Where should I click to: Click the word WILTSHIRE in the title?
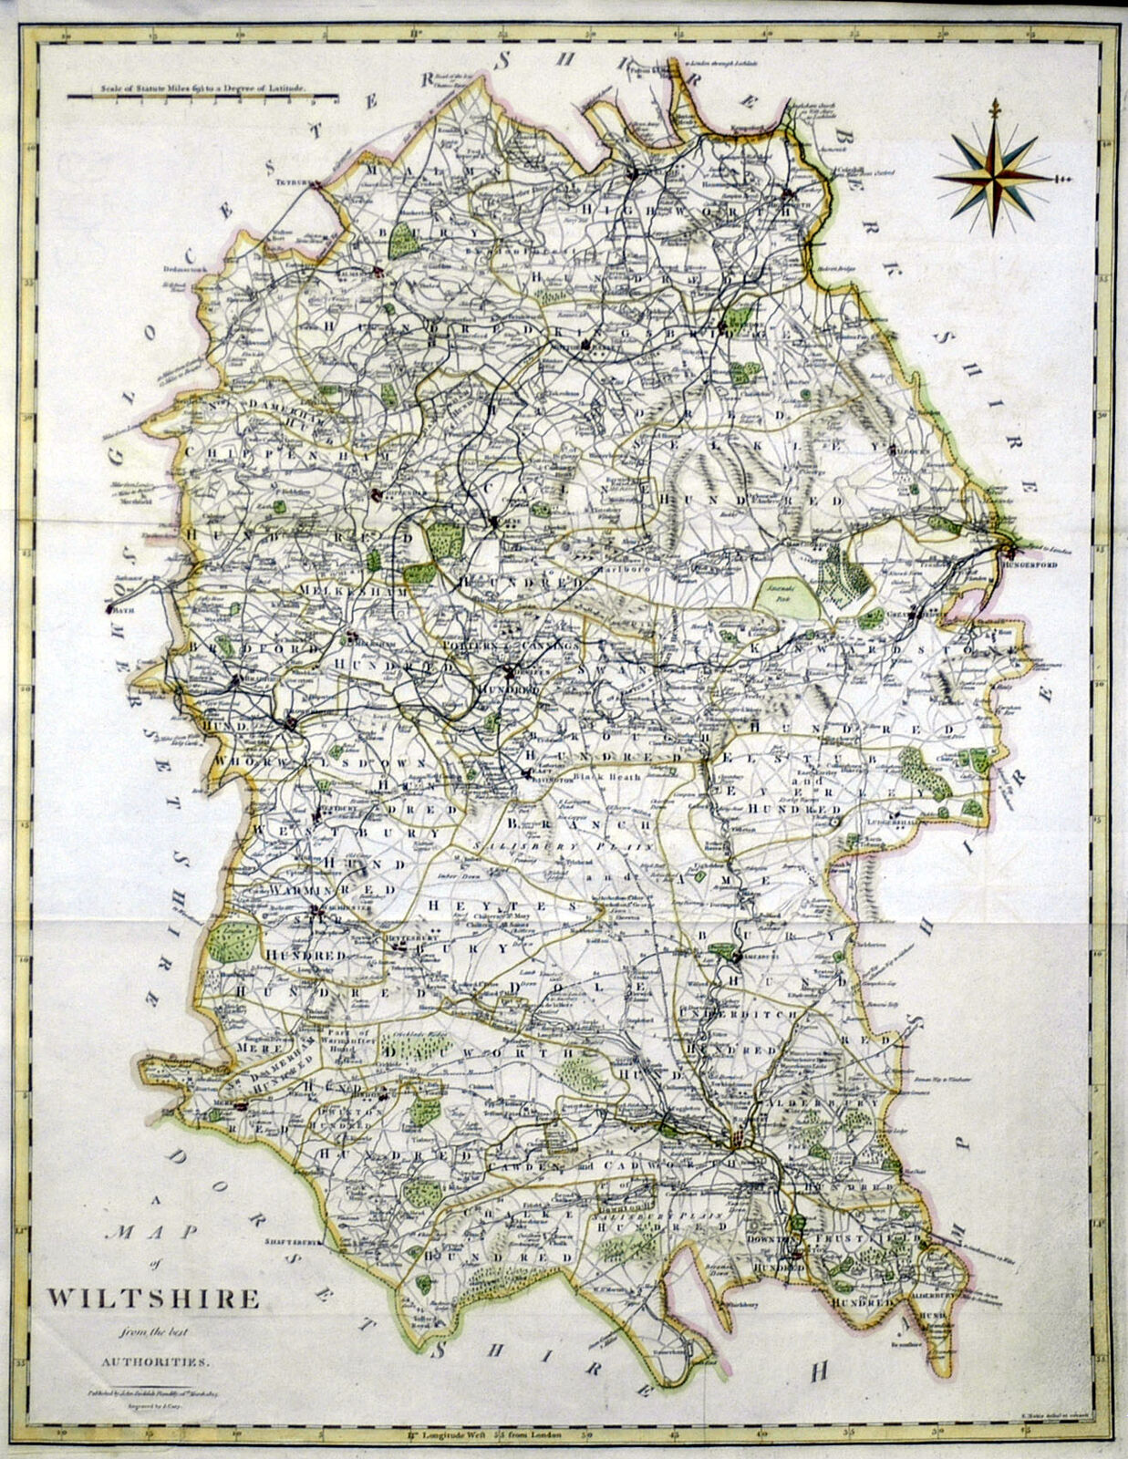point(153,1299)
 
